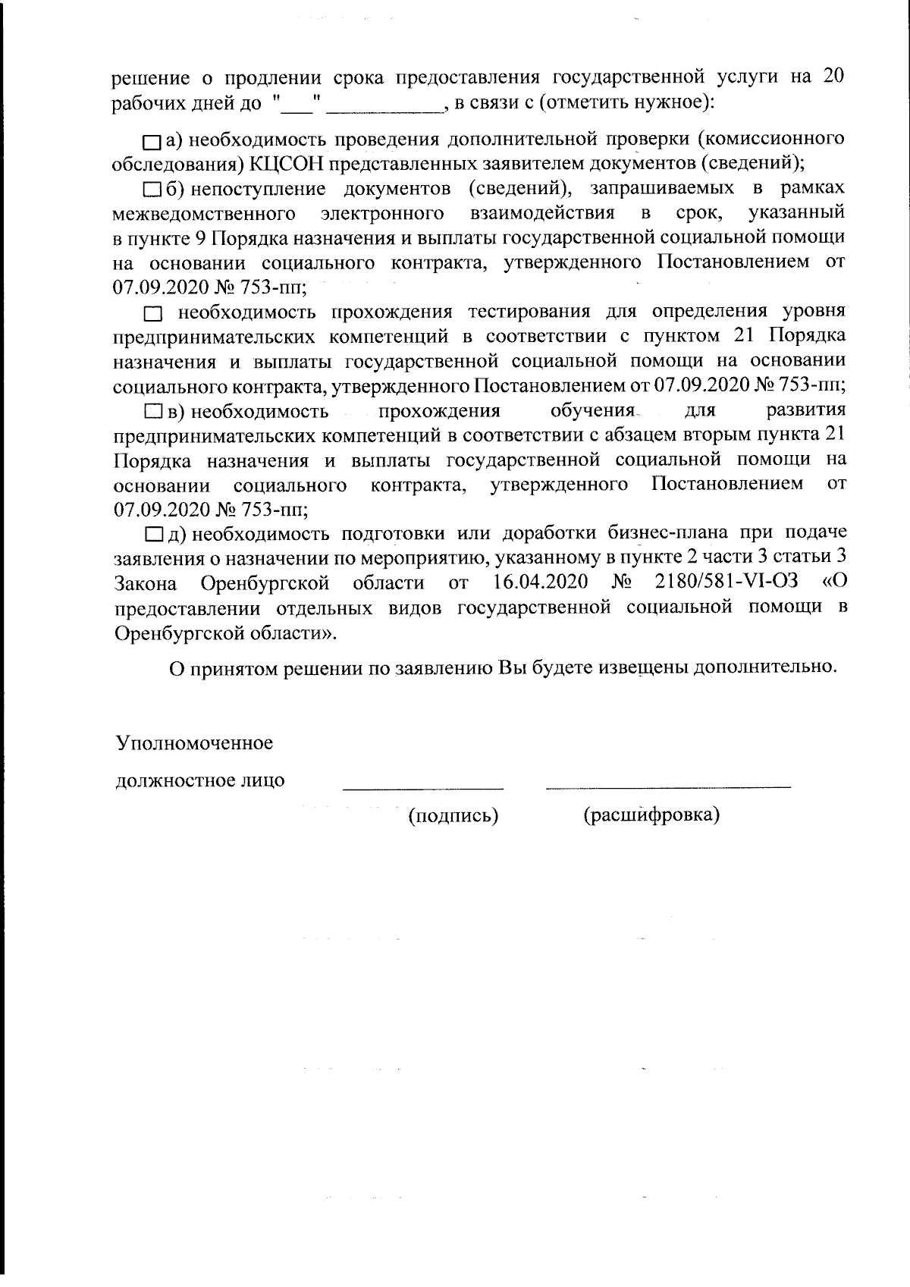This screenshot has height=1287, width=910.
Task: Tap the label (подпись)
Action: (x=453, y=816)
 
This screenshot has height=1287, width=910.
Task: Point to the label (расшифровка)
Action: (x=651, y=815)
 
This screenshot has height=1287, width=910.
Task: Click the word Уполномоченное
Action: (x=194, y=742)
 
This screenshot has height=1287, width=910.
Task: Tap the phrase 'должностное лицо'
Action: (x=200, y=780)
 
